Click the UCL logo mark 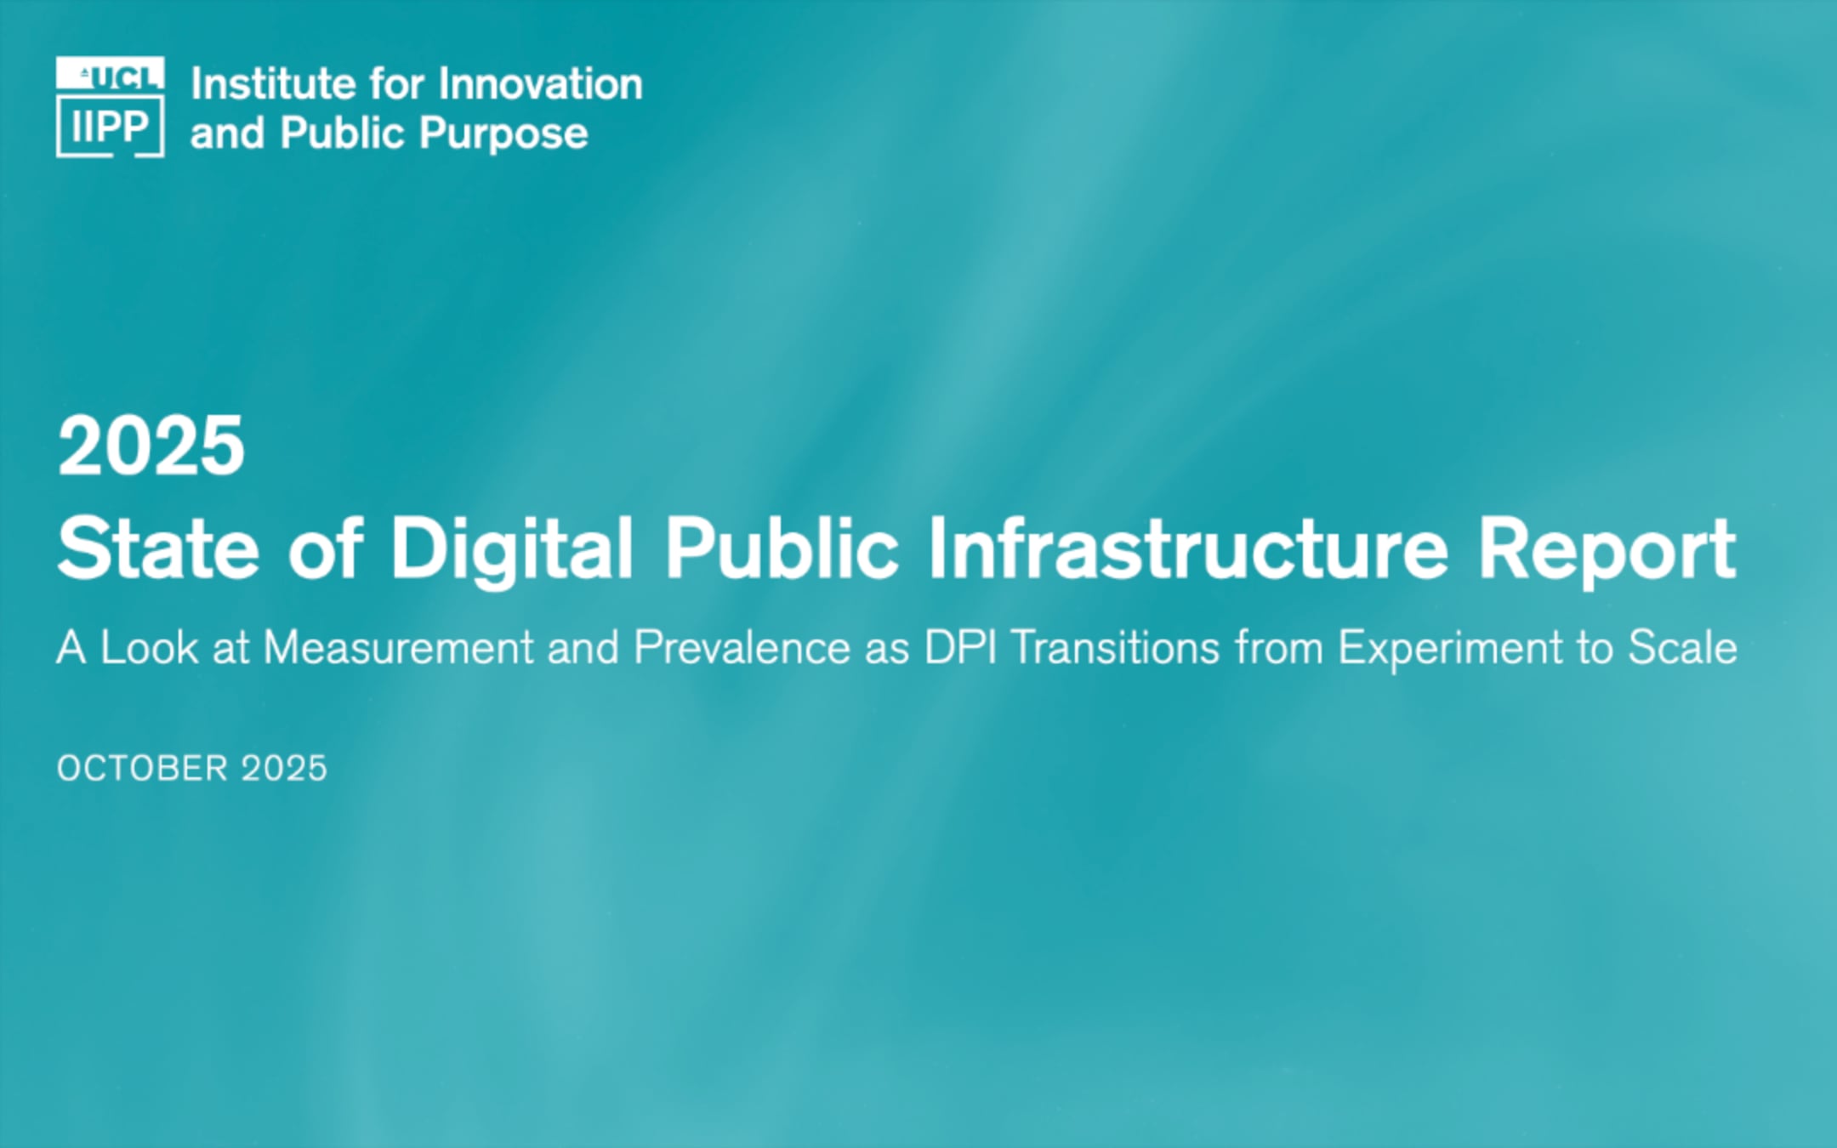point(111,74)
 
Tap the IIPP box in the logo point(111,127)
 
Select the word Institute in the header point(273,84)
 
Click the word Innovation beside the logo point(540,84)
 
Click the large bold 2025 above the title point(151,446)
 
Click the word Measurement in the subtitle point(398,648)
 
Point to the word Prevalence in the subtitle point(742,648)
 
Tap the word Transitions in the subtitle point(1115,648)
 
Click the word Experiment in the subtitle point(1450,648)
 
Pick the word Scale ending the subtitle point(1681,648)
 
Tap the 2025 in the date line point(284,769)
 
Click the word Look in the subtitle point(149,648)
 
